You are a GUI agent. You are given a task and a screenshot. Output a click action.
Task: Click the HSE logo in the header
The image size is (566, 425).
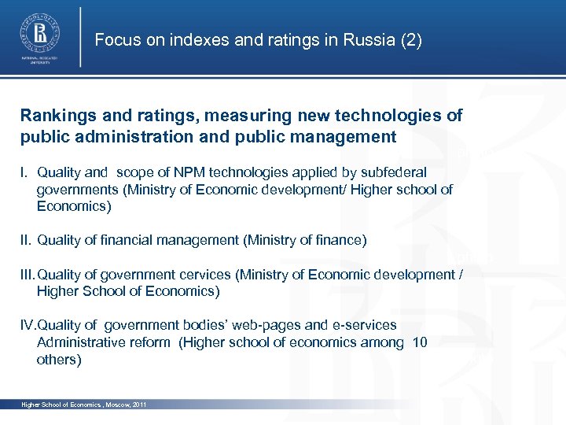pos(39,35)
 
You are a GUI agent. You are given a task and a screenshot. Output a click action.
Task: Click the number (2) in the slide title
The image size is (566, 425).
pos(410,40)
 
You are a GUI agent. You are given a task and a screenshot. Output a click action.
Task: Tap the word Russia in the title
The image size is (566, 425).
pos(369,40)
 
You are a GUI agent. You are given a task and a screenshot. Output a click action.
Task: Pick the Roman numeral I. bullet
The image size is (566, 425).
pos(26,172)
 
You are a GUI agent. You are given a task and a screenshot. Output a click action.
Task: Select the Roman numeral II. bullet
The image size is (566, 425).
pos(28,240)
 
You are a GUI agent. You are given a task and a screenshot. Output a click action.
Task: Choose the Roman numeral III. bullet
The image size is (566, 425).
pos(28,275)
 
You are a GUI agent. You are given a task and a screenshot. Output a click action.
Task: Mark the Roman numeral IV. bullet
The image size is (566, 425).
pos(28,325)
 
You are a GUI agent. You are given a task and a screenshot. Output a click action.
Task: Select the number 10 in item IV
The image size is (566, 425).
pos(420,342)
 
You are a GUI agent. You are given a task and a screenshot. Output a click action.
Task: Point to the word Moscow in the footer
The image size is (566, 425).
pos(108,405)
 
